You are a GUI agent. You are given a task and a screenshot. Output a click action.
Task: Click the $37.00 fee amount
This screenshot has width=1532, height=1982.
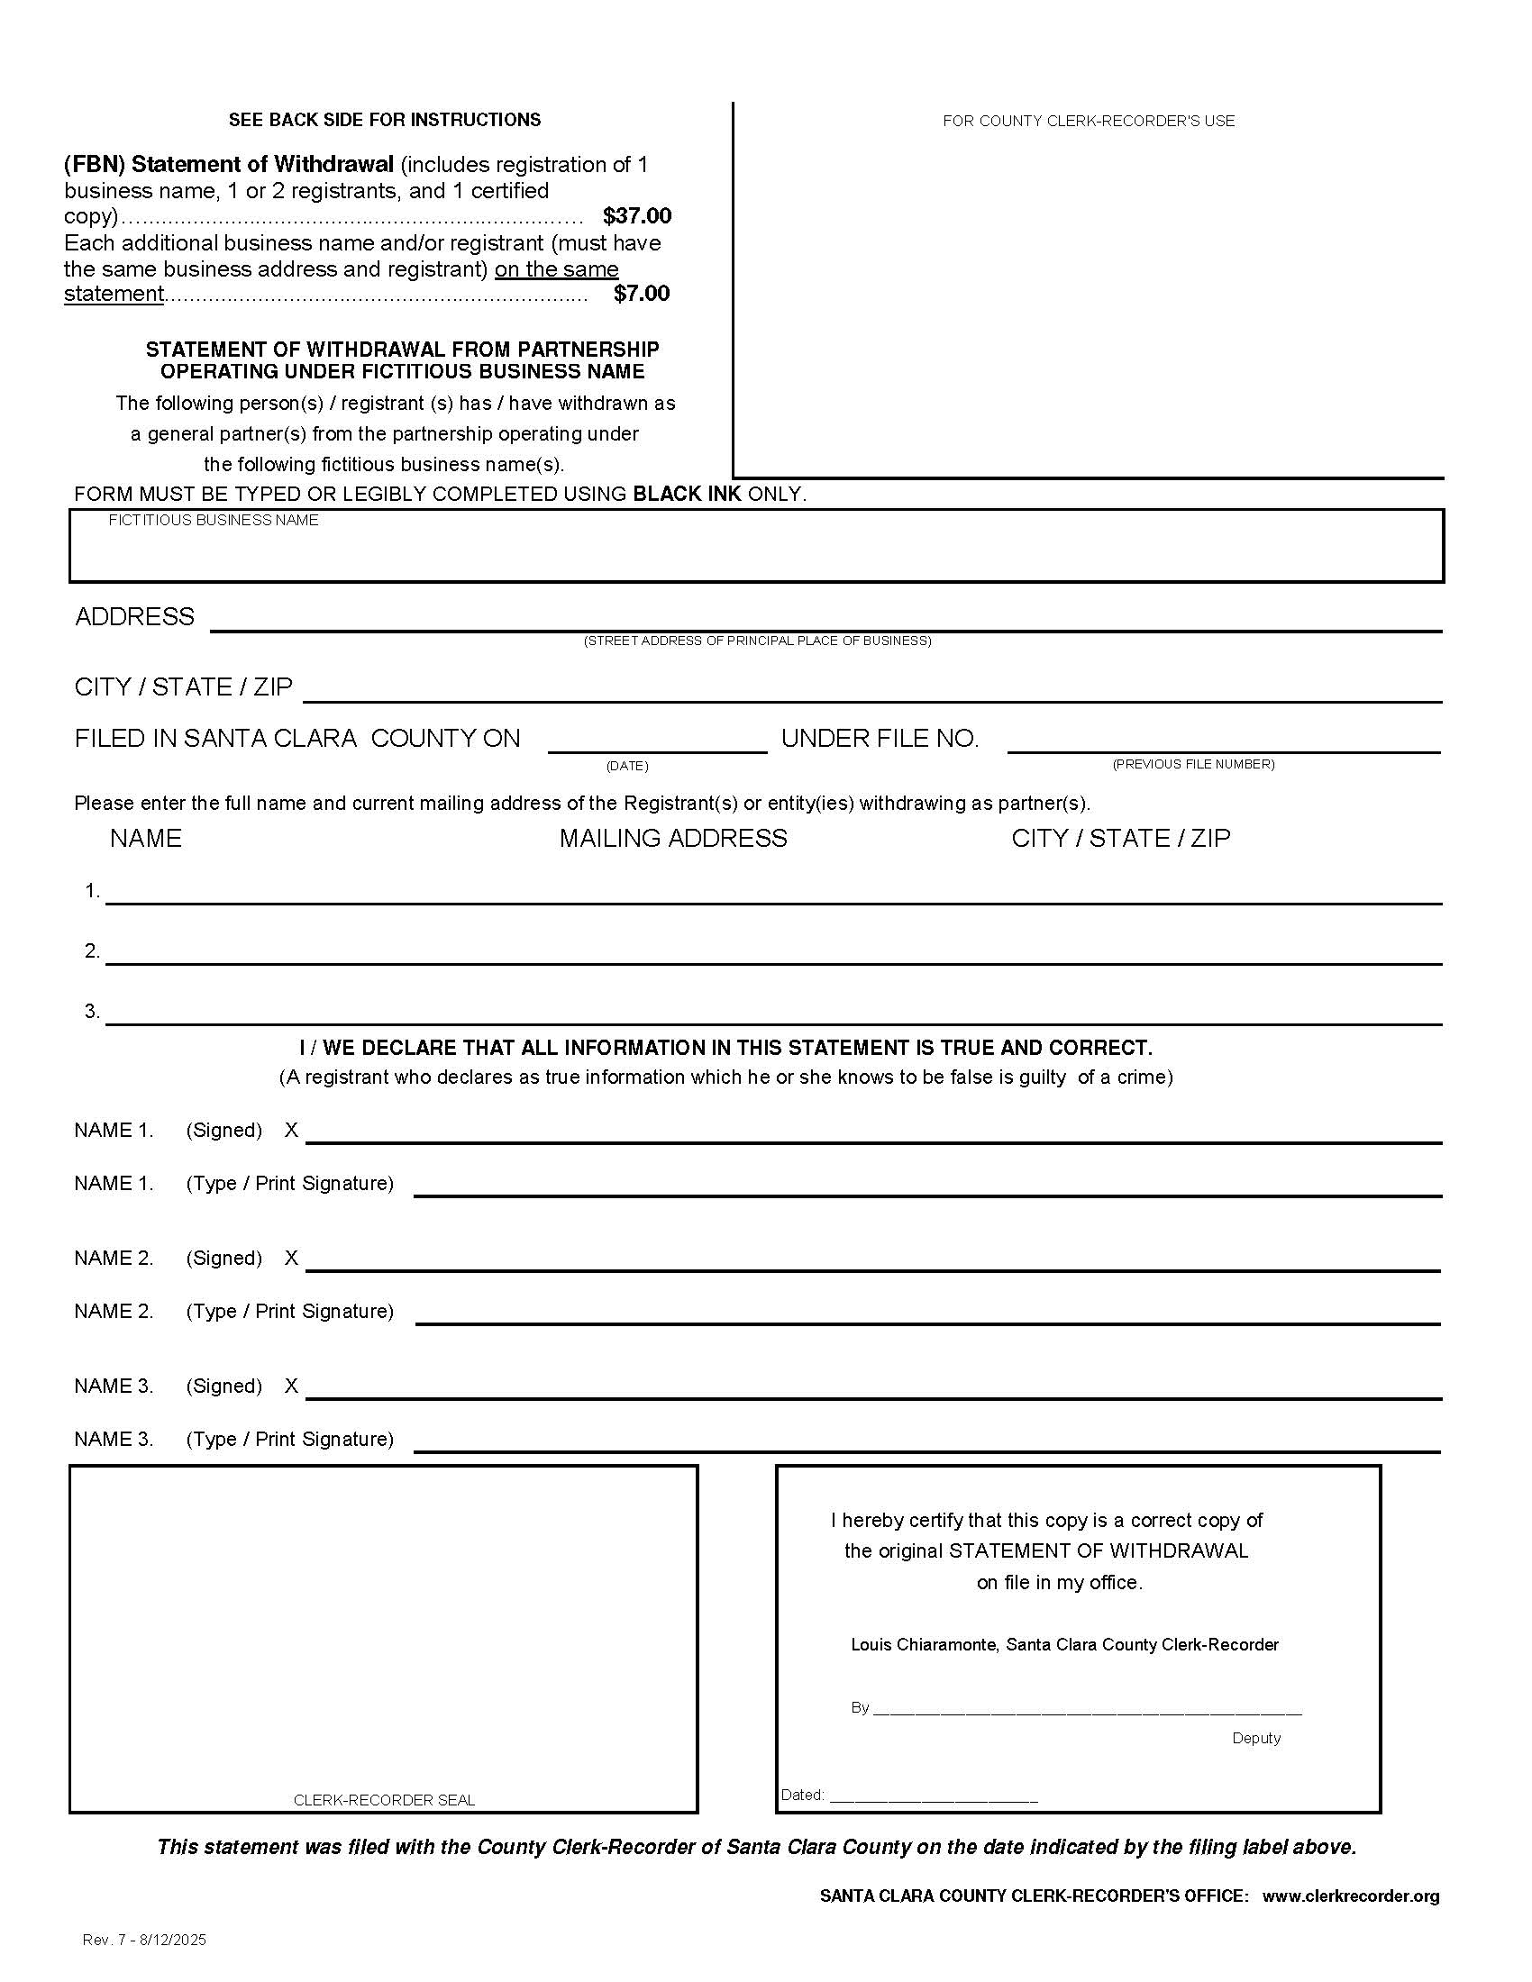636,216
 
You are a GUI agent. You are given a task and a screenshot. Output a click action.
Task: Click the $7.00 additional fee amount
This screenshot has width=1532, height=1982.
641,293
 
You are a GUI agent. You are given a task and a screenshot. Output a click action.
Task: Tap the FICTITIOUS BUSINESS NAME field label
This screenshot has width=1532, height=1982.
214,520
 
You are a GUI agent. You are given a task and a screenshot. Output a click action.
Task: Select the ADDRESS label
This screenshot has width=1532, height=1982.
134,617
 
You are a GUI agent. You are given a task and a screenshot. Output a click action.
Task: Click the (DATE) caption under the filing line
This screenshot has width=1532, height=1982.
626,766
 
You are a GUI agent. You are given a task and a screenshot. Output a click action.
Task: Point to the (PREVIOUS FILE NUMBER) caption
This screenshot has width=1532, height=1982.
1192,764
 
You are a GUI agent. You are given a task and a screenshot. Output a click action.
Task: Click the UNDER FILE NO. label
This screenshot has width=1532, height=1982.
880,739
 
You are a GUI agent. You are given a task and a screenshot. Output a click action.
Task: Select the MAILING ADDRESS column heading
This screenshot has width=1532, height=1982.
672,839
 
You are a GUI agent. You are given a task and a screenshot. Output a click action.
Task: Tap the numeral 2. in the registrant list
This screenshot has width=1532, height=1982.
92,951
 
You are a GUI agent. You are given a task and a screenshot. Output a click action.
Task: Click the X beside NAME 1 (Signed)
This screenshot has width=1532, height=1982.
291,1130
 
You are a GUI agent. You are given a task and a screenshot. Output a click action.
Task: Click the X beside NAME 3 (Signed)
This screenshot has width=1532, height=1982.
291,1386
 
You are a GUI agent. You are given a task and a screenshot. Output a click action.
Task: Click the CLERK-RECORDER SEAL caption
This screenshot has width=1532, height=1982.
384,1800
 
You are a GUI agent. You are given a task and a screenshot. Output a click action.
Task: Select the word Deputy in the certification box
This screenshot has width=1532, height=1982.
1255,1738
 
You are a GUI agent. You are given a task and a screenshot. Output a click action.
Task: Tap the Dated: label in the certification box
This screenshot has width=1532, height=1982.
802,1794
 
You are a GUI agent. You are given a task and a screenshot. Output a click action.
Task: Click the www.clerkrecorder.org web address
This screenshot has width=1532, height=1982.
1351,1896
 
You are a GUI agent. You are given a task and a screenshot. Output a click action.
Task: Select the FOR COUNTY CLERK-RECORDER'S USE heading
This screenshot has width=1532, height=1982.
1088,121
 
